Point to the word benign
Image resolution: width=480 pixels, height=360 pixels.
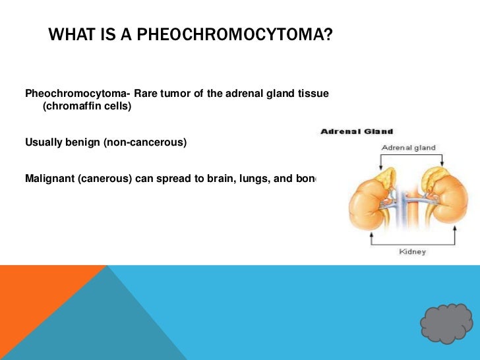pos(83,142)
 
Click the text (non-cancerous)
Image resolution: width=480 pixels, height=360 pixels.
pos(145,142)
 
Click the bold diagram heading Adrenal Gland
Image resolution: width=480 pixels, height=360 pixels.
pos(357,132)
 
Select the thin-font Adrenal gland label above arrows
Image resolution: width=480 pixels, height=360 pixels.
pos(409,148)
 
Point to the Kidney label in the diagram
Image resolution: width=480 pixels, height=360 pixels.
pos(412,252)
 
